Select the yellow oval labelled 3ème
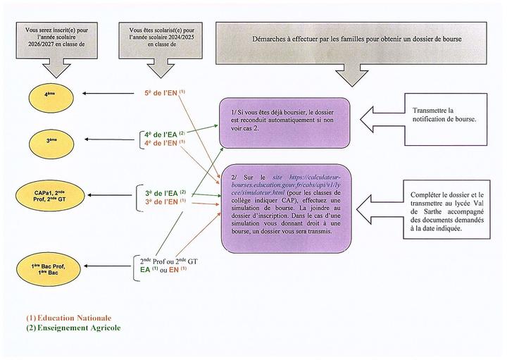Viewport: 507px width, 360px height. [51, 140]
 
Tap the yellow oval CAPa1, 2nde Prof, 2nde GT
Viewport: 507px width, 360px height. [51, 197]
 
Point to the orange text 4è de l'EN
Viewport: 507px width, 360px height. [161, 142]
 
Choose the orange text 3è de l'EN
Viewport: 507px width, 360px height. [161, 202]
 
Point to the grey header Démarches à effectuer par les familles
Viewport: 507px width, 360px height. [353, 39]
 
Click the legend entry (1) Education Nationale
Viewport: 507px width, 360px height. [68, 318]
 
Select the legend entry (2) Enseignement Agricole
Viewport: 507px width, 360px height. [73, 328]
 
